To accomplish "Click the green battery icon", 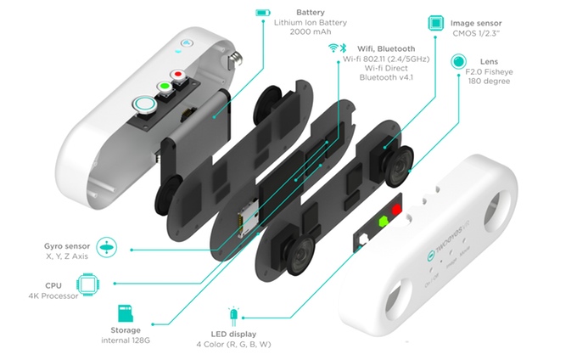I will pos(263,13).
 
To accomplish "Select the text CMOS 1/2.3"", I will pos(477,33).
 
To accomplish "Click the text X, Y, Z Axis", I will pos(67,255).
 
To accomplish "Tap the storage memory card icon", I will pos(125,313).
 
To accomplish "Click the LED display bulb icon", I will pos(233,315).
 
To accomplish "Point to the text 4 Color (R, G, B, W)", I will pos(240,344).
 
